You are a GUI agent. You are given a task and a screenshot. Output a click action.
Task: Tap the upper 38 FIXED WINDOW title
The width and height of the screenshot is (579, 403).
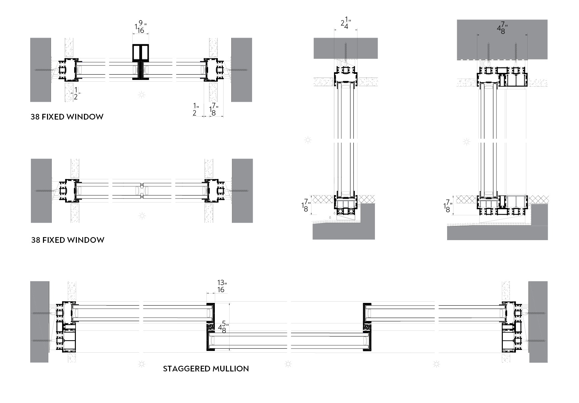(67, 117)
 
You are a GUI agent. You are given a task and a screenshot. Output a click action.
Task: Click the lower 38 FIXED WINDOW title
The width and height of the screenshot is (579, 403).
(68, 240)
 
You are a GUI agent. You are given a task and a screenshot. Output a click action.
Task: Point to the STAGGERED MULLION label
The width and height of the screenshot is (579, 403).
(206, 369)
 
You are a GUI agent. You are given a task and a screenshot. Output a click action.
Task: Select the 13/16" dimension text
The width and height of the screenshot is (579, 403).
(221, 286)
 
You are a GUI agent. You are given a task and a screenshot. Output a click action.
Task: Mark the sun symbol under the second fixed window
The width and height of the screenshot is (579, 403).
(142, 215)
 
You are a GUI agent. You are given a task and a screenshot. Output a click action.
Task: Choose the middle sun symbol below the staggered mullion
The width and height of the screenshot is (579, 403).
(288, 364)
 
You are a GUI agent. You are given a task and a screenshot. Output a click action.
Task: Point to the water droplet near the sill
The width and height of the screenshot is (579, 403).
(330, 217)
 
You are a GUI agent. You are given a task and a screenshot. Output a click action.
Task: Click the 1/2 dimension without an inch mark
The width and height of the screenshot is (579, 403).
(76, 93)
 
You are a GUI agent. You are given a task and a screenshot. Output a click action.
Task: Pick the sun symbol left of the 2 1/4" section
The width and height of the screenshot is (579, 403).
(308, 140)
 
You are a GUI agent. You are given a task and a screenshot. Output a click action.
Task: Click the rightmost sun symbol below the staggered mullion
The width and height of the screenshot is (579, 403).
(436, 364)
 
